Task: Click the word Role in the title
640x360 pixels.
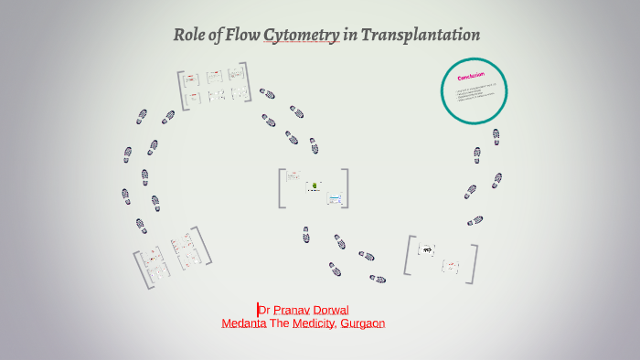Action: (188, 36)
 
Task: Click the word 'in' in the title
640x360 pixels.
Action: (349, 36)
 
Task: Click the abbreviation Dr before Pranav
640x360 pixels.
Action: (264, 310)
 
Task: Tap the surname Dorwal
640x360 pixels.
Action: (331, 310)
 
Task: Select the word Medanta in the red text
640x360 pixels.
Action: (244, 323)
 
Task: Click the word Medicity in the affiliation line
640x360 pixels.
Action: (315, 323)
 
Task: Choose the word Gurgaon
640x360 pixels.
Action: (362, 323)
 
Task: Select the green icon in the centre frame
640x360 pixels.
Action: (315, 185)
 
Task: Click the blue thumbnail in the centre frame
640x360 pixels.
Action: (335, 197)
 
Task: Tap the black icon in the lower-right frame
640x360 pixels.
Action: (427, 249)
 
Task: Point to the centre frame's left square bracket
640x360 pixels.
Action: (281, 188)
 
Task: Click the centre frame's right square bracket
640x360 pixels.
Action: (345, 188)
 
